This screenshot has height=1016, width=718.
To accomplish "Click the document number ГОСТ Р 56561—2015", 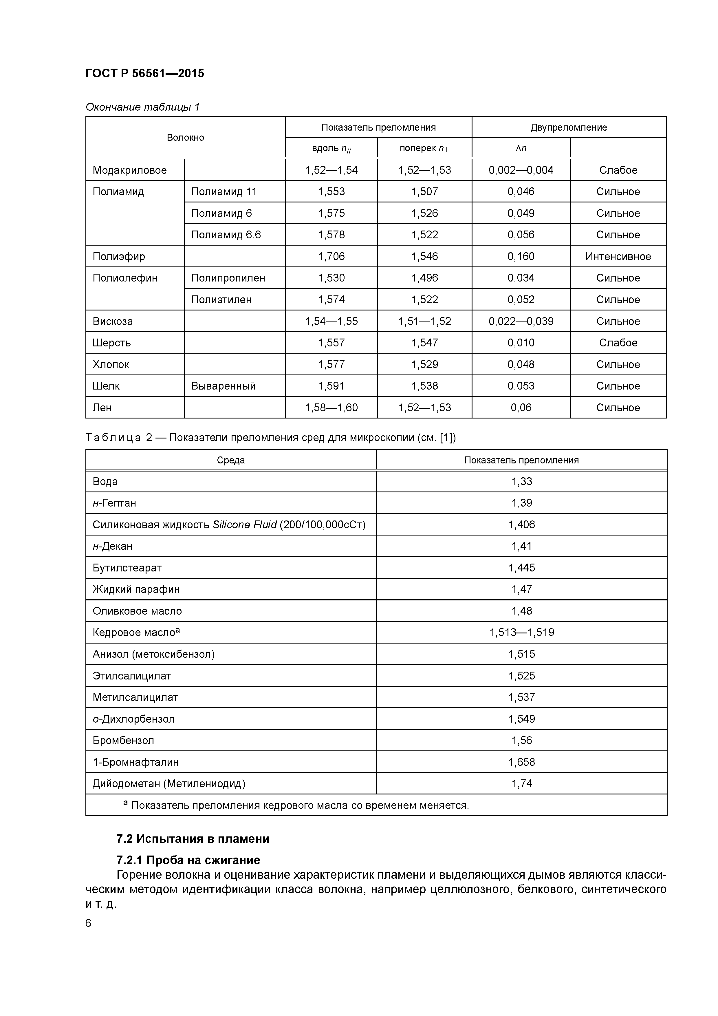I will [x=145, y=74].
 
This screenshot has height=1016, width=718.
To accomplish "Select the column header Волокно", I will [x=185, y=138].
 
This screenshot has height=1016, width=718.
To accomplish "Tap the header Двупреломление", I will [x=569, y=127].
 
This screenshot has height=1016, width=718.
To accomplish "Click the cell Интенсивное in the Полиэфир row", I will [x=618, y=257].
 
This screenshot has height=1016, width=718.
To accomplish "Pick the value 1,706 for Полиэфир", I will [x=331, y=257].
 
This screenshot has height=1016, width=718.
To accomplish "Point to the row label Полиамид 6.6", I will [x=226, y=235].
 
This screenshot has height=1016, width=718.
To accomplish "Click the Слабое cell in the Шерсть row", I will [x=618, y=343].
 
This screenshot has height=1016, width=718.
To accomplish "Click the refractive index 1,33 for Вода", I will [x=522, y=481].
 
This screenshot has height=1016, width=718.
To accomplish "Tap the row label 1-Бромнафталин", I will [x=135, y=762].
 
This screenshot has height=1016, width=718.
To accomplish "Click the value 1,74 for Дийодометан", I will [x=522, y=784].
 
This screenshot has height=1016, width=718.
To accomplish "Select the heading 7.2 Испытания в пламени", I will [x=193, y=839].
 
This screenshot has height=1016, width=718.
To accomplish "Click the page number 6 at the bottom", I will [x=89, y=923].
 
